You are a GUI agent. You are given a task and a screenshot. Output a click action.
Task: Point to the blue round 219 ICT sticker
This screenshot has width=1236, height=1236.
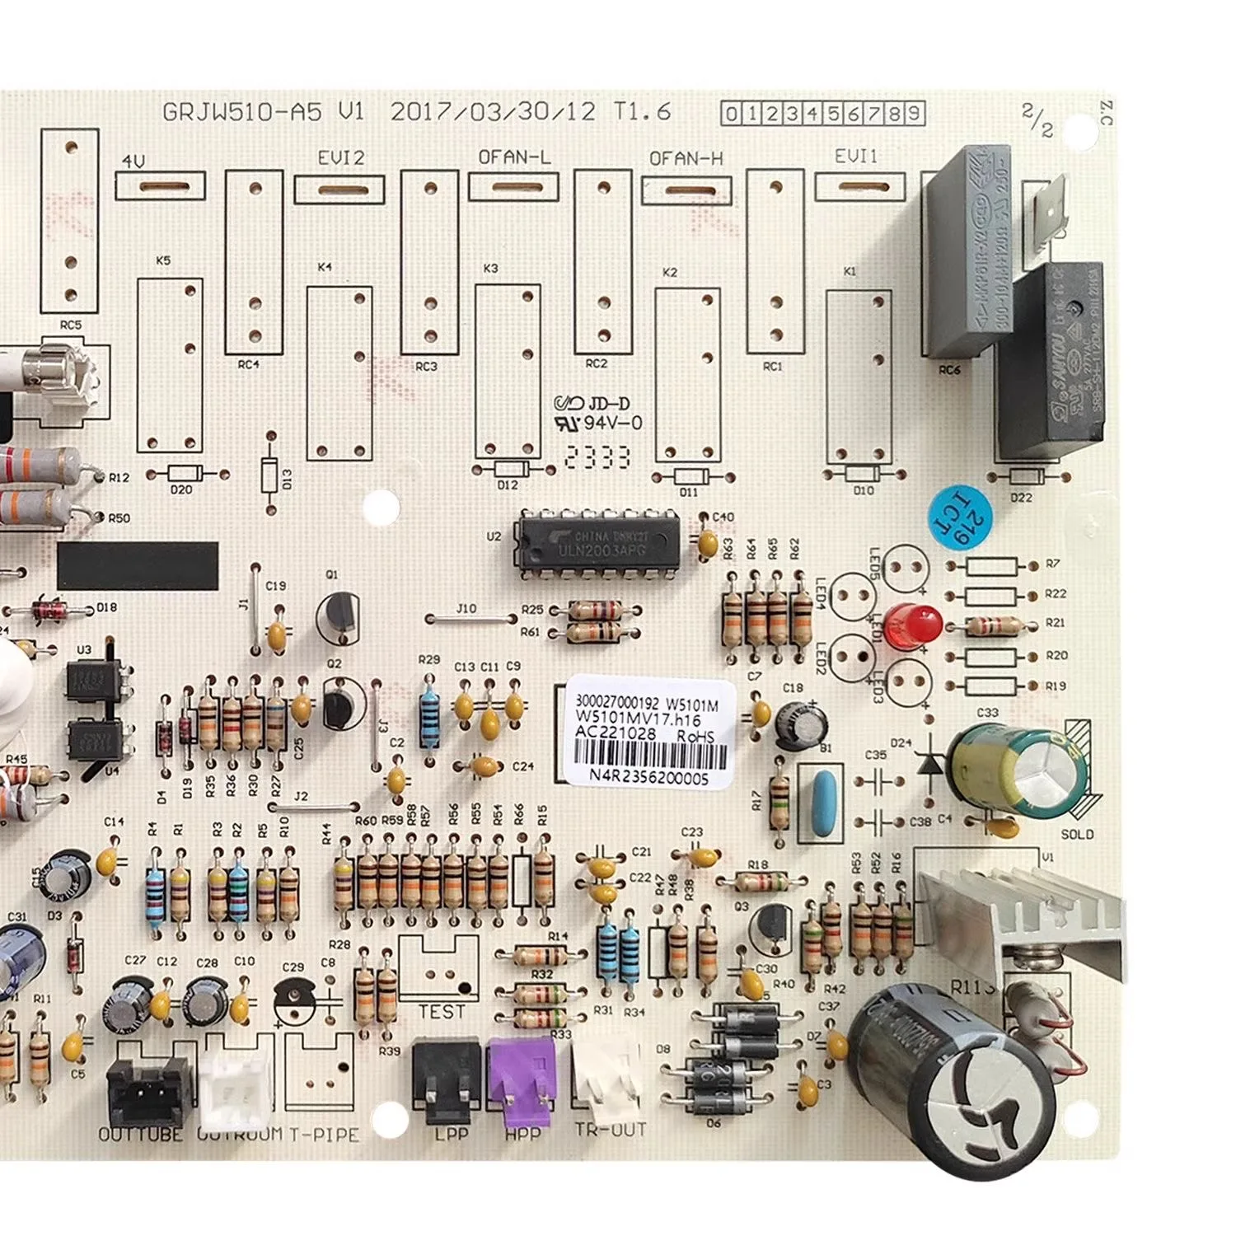[x=960, y=517]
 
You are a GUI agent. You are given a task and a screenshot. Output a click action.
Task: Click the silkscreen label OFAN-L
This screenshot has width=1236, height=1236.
[x=514, y=157]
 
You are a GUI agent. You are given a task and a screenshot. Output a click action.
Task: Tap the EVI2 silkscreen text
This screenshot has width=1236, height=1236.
[x=340, y=157]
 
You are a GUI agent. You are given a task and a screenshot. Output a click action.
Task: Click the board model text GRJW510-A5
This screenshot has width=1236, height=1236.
[x=242, y=112]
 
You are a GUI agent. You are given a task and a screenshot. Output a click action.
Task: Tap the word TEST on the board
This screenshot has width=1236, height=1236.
[x=442, y=1012]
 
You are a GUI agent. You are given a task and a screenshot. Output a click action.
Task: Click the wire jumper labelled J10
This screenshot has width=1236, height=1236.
[x=467, y=619]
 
